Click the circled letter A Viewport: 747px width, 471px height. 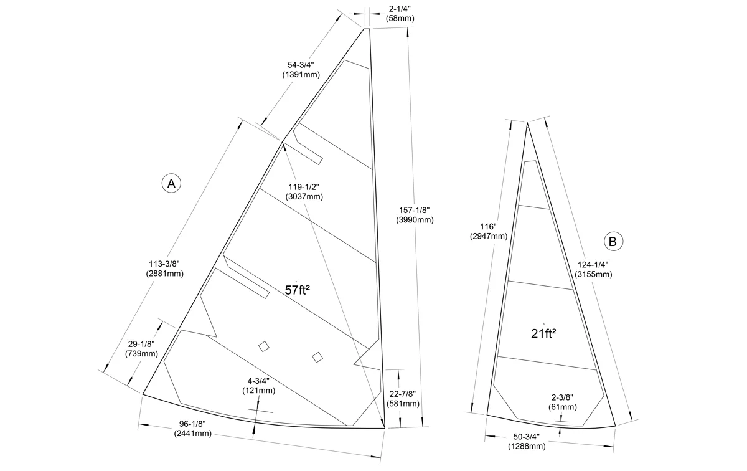pyautogui.click(x=171, y=183)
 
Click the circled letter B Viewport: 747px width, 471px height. pyautogui.click(x=613, y=241)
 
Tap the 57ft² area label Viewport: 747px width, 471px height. pyautogui.click(x=297, y=290)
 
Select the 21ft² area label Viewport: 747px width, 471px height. pyautogui.click(x=543, y=333)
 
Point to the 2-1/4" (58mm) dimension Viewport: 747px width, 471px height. pyautogui.click(x=400, y=14)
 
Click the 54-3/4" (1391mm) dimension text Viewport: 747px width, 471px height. pyautogui.click(x=301, y=70)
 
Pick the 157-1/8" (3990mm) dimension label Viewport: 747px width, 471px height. pyautogui.click(x=415, y=215)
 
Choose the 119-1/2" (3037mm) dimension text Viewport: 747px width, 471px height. pyautogui.click(x=304, y=192)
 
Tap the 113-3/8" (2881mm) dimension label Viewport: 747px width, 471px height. pyautogui.click(x=164, y=269)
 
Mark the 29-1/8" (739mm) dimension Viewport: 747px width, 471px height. pyautogui.click(x=141, y=349)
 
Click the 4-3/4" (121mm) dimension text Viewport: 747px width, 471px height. pyautogui.click(x=259, y=386)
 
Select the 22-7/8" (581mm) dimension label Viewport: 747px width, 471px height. pyautogui.click(x=403, y=399)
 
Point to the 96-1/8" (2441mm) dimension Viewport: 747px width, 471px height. pyautogui.click(x=192, y=429)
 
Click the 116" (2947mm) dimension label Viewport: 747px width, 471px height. pyautogui.click(x=489, y=231)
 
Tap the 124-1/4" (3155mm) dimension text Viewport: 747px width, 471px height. pyautogui.click(x=593, y=269)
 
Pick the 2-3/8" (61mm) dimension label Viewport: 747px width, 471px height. pyautogui.click(x=563, y=402)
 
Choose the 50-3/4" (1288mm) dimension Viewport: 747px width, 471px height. pyautogui.click(x=527, y=441)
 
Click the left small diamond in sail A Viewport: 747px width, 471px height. pyautogui.click(x=264, y=346)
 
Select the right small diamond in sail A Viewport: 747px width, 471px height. pyautogui.click(x=317, y=357)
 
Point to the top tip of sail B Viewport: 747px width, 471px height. pyautogui.click(x=527, y=123)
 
